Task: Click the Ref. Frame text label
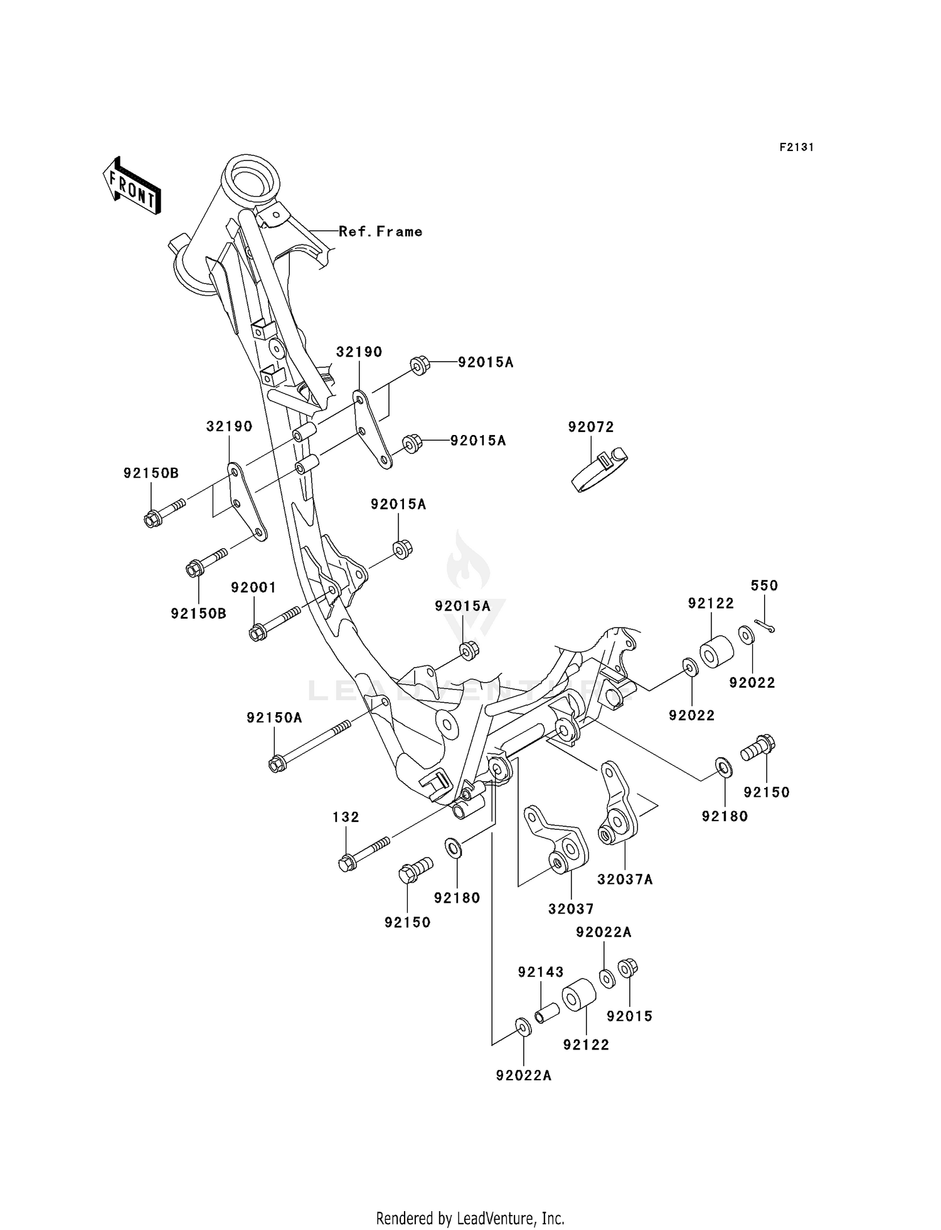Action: coord(380,231)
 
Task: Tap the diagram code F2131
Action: coord(796,147)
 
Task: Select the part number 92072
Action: coord(590,427)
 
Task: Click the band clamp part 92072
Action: coord(600,470)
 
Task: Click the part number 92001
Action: coord(253,587)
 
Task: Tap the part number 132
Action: coord(346,817)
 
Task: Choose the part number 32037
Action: coord(571,908)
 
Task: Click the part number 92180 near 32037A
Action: coord(725,816)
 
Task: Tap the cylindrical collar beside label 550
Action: coord(716,653)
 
